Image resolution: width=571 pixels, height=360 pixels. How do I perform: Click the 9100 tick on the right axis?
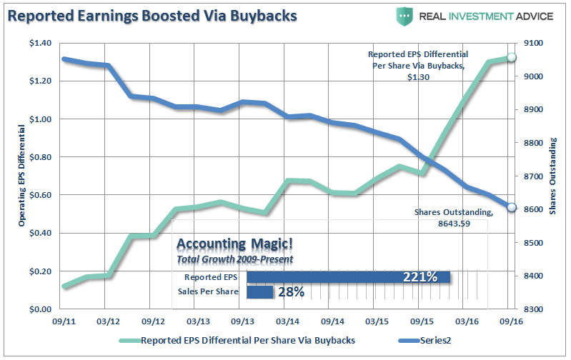point(534,44)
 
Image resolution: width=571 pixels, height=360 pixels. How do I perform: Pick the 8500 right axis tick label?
point(534,243)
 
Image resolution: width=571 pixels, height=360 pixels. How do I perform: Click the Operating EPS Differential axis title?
point(22,176)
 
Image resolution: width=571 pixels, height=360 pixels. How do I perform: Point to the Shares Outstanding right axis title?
point(553,176)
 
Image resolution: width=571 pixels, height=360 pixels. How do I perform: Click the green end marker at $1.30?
point(511,58)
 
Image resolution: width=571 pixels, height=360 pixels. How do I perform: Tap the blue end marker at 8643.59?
point(511,207)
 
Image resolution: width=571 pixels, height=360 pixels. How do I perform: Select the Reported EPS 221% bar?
point(348,277)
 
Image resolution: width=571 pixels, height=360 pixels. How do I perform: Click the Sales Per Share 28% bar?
point(260,291)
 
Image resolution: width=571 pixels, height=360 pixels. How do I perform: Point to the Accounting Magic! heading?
point(222,244)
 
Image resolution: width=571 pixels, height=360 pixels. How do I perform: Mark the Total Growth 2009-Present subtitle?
point(234,259)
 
